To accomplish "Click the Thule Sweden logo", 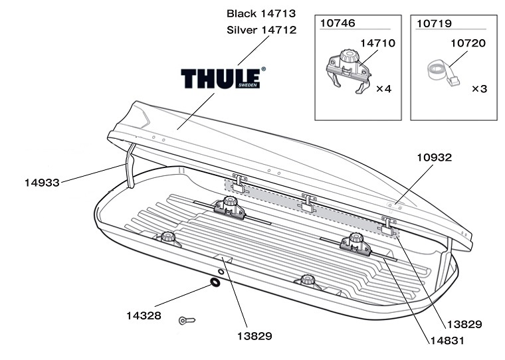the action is click(x=223, y=78).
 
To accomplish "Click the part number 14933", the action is click(x=42, y=183).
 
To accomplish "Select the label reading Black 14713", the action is click(x=261, y=13).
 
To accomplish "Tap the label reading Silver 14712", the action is click(x=262, y=30).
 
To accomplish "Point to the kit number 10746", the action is click(x=338, y=23).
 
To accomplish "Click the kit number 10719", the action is click(x=434, y=23).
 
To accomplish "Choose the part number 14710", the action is click(x=378, y=43).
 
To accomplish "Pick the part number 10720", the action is click(x=468, y=43).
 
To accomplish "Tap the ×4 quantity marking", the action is click(x=384, y=88).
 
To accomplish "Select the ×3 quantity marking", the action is click(x=480, y=88).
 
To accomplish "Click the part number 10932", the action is click(x=435, y=157).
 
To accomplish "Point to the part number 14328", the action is click(x=144, y=315).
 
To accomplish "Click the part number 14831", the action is click(x=447, y=340).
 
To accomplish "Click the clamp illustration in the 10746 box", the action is click(x=348, y=71).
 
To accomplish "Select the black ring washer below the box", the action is click(x=215, y=282).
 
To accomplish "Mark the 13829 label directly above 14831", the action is click(x=464, y=324).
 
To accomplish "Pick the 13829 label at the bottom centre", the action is click(x=254, y=336).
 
